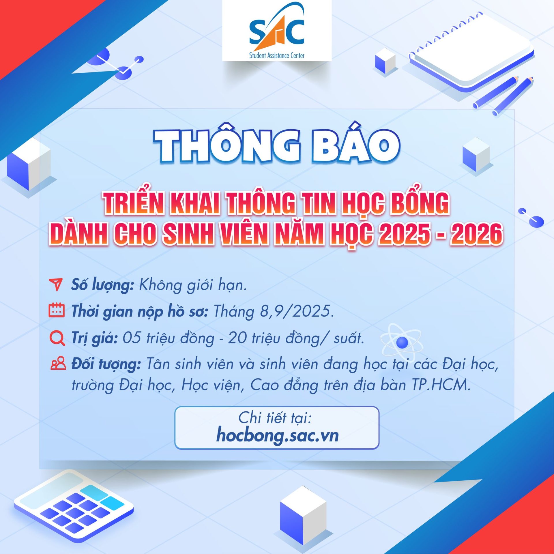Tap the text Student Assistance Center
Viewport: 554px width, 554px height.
276,55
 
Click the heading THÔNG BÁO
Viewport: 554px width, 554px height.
276,146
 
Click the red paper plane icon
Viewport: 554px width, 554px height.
56,285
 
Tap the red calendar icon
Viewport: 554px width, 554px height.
57,310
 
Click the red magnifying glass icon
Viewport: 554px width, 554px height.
57,338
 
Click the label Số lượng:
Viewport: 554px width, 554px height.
102,285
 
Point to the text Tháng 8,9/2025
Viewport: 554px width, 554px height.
274,311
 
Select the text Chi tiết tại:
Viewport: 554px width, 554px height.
275,418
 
